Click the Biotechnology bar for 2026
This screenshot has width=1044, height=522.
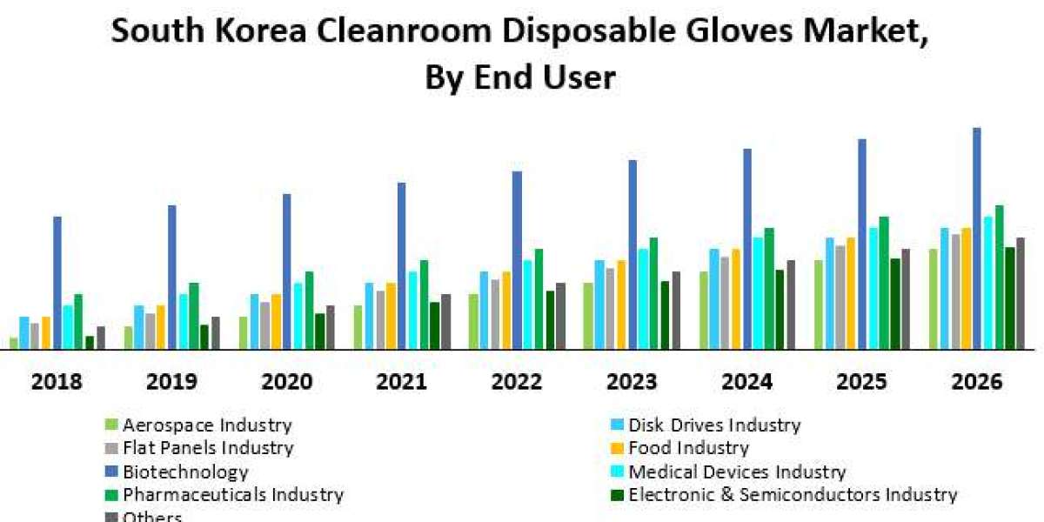click(x=977, y=239)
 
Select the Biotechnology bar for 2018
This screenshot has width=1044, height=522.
click(x=57, y=283)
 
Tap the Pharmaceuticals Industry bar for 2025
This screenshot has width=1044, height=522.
click(x=884, y=283)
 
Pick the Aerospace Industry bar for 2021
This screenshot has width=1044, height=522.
click(x=358, y=327)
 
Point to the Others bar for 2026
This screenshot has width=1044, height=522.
click(x=1021, y=293)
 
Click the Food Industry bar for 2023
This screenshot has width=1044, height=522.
click(x=621, y=304)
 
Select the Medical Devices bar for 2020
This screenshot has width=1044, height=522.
click(x=298, y=316)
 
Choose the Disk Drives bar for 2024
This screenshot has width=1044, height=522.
click(x=714, y=299)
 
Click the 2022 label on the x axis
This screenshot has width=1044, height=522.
click(x=516, y=381)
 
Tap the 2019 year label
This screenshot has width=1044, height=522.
click(x=171, y=381)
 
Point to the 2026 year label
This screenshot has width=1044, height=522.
click(x=976, y=381)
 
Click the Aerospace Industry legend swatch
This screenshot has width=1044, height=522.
click(x=110, y=425)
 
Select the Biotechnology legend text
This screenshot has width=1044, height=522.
click(x=185, y=472)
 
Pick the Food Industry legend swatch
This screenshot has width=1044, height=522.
click(x=616, y=449)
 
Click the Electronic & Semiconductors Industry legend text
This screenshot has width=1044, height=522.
click(x=793, y=494)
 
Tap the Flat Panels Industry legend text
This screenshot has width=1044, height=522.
click(x=208, y=448)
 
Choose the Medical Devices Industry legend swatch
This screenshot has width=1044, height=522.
click(x=616, y=472)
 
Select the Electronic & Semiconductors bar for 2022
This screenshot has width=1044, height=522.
click(x=550, y=320)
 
